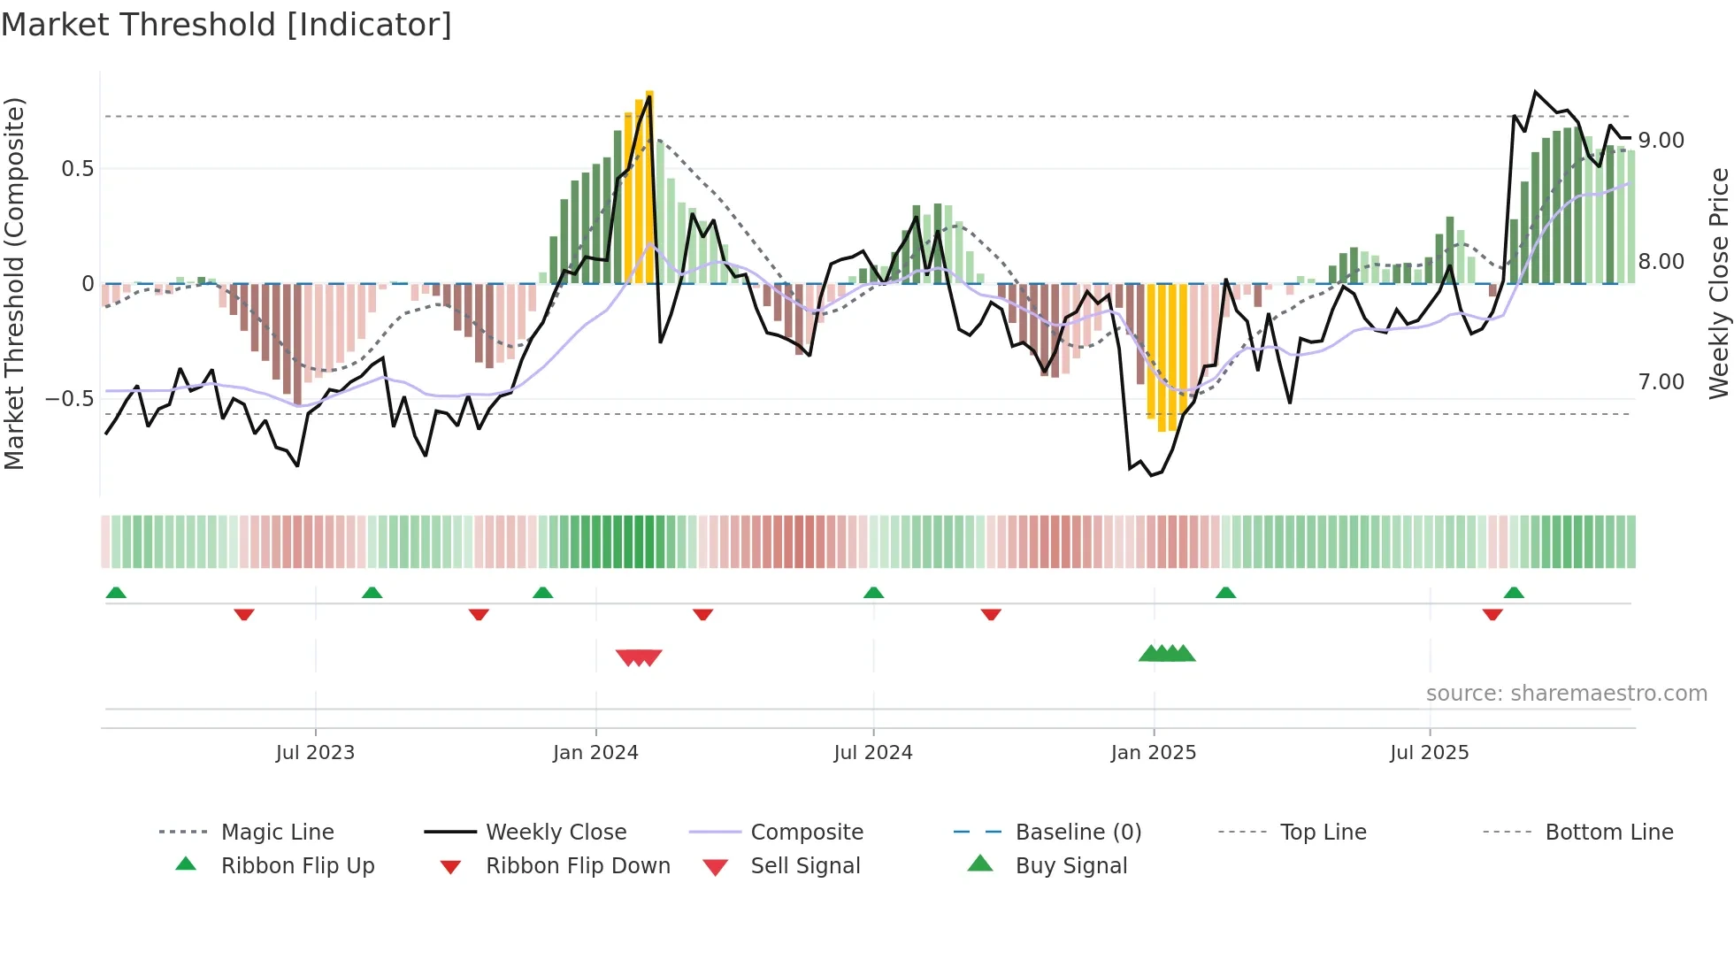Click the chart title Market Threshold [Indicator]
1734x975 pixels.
(x=226, y=25)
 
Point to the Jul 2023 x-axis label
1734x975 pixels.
(x=315, y=753)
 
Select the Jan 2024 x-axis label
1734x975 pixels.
(x=595, y=753)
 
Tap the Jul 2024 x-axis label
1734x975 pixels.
(x=873, y=753)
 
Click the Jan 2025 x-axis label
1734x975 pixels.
(x=1154, y=753)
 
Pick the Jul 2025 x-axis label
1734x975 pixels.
(x=1430, y=753)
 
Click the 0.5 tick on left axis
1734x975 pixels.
(x=78, y=169)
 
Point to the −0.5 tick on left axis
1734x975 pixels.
(x=70, y=399)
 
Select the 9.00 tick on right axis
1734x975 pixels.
(x=1661, y=141)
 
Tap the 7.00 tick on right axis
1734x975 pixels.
(x=1661, y=382)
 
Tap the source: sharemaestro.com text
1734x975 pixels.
(x=1566, y=694)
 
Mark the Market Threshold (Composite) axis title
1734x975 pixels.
(x=14, y=283)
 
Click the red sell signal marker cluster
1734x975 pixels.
(x=639, y=657)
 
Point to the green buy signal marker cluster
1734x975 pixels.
(x=1167, y=654)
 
